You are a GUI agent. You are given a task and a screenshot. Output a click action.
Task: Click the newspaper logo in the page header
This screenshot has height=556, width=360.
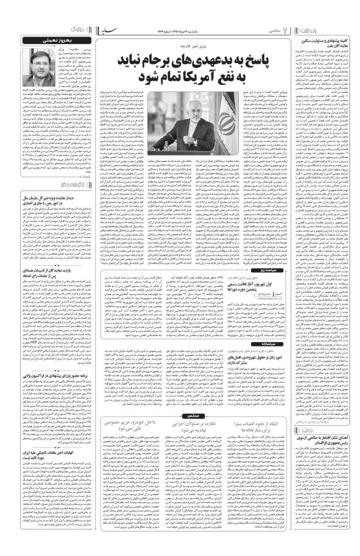(x=179, y=27)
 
